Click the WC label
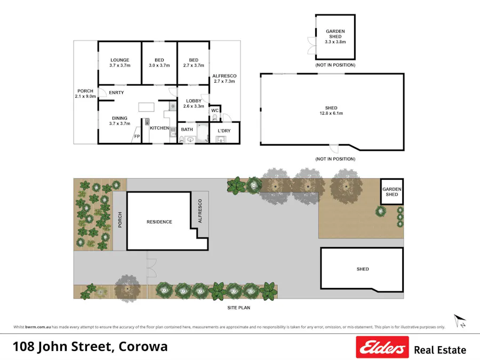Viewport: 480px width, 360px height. [215, 111]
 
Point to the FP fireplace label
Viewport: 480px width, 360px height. [137, 137]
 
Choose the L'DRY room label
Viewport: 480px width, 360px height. [223, 130]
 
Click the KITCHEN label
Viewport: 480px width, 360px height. [159, 128]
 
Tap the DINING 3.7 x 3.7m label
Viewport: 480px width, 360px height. [120, 121]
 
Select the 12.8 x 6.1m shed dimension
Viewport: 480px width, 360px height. [331, 113]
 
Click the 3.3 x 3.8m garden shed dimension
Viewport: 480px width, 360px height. [335, 42]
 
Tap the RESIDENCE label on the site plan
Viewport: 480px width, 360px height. [159, 222]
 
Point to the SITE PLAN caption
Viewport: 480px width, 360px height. [238, 308]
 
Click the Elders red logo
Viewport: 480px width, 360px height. [382, 348]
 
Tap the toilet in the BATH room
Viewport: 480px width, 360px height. [181, 139]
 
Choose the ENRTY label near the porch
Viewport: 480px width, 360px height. [116, 93]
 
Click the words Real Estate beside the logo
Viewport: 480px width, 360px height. [440, 350]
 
